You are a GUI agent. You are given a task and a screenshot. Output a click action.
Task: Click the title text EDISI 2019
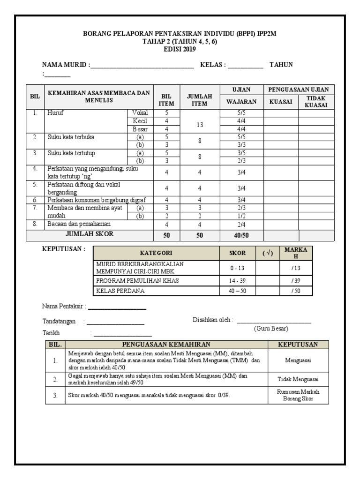pos(180,49)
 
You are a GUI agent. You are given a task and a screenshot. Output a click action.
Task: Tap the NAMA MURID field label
pos(65,65)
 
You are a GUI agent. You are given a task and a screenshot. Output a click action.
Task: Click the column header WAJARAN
pos(241,101)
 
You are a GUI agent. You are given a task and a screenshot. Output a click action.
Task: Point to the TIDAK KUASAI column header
pos(316,101)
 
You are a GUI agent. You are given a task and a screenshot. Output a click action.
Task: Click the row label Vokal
pos(140,113)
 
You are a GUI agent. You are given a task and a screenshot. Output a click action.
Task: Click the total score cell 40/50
pos(241,235)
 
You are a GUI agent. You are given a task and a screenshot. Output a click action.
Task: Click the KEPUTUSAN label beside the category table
pos(64,249)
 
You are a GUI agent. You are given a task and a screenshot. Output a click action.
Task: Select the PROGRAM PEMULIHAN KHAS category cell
pos(137,280)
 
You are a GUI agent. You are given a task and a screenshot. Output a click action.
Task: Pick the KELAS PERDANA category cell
pos(120,291)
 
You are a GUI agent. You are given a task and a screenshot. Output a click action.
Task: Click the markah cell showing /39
pos(295,280)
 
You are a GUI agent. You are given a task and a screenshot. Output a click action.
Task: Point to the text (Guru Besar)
pos(271,328)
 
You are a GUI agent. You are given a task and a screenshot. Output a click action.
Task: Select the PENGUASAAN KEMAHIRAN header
pos(166,345)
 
